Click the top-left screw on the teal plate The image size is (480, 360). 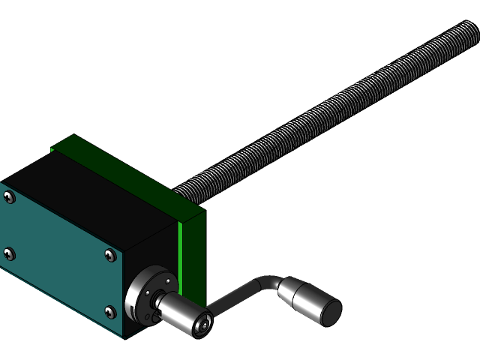pyautogui.click(x=8, y=197)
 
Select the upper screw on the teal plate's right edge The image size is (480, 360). pyautogui.click(x=110, y=256)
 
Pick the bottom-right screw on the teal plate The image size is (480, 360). pyautogui.click(x=110, y=312)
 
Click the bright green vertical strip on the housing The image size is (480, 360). pyautogui.click(x=180, y=247)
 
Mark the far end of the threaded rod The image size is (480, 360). pyautogui.click(x=469, y=31)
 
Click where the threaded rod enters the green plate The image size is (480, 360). pyautogui.click(x=187, y=190)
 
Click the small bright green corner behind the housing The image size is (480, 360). pyautogui.click(x=52, y=150)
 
